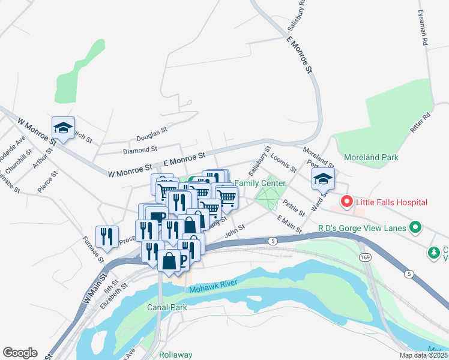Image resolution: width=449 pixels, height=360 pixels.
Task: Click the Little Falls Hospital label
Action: point(391,202)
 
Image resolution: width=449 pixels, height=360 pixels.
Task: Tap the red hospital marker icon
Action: point(346,202)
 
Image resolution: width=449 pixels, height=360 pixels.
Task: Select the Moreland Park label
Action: point(371,157)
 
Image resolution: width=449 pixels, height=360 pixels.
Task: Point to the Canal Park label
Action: point(167,307)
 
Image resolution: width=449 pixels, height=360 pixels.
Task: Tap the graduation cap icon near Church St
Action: point(63,127)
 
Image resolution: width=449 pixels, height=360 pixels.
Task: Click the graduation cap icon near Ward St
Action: point(323,178)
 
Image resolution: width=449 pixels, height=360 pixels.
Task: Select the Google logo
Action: point(20,353)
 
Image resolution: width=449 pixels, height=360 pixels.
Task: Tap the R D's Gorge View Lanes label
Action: point(362,228)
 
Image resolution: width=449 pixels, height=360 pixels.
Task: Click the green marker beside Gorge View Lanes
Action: point(414,227)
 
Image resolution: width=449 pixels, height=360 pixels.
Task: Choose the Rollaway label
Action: point(175,355)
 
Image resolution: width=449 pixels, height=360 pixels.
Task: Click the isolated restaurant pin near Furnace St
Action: point(107,236)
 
